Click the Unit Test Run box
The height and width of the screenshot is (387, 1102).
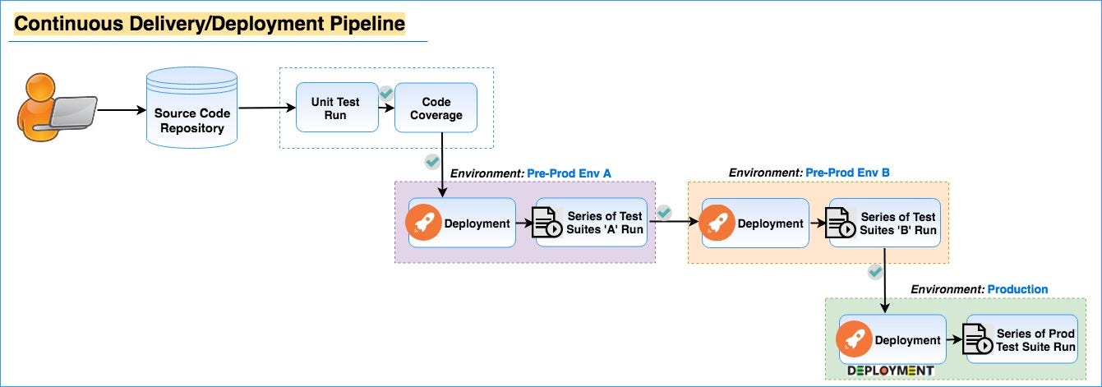pos(337,108)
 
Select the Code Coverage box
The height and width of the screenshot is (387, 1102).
pos(436,108)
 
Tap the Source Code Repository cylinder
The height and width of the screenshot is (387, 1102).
pos(191,108)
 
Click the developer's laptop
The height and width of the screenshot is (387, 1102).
pos(73,113)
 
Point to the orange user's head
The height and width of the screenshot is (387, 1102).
pos(40,89)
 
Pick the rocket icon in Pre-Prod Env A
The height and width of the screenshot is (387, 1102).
pos(423,223)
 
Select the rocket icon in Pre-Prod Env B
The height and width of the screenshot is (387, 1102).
pos(717,223)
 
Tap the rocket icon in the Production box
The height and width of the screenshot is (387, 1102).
pos(854,339)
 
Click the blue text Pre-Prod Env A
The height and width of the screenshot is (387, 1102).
pos(569,173)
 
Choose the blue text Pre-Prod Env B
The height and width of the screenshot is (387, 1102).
pos(847,173)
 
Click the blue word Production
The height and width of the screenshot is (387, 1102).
pos(1017,289)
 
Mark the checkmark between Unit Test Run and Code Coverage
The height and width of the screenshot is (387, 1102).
pos(386,93)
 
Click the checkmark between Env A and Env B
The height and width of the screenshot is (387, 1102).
pos(664,213)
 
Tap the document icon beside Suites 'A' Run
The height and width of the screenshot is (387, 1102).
pos(547,223)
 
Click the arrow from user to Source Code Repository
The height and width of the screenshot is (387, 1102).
pos(122,110)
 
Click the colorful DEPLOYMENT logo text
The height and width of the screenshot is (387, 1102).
pos(891,371)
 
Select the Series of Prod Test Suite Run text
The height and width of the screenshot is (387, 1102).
pos(1035,340)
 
